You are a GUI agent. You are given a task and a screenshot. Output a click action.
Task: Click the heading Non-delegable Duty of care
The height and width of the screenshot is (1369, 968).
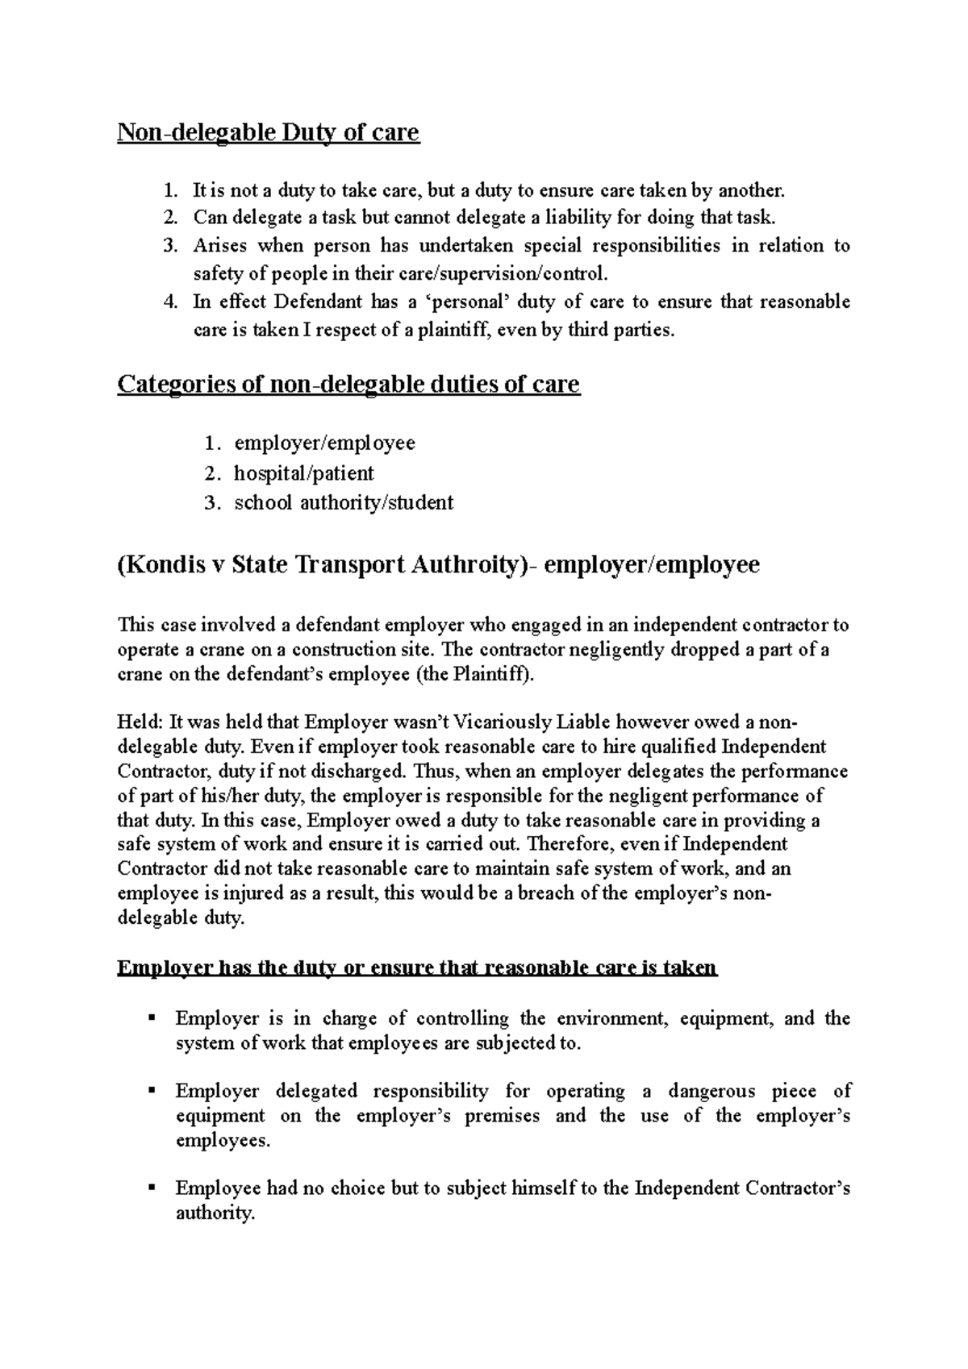pos(269,132)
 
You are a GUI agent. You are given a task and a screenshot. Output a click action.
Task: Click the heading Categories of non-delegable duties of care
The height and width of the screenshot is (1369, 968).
pos(348,385)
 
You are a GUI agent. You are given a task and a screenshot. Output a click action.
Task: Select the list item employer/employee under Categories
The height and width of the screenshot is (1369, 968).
pos(324,443)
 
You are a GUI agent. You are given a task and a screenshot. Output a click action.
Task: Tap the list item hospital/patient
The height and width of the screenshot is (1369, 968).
pos(303,472)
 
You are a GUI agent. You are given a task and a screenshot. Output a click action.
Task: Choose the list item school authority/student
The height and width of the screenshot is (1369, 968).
pos(344,502)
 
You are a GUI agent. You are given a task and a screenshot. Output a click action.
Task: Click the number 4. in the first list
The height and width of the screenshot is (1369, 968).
pos(169,302)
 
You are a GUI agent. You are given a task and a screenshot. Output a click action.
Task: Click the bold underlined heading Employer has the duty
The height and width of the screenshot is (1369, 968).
pos(416,967)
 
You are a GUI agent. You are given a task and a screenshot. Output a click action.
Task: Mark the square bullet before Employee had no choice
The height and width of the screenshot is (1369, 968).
pos(151,1188)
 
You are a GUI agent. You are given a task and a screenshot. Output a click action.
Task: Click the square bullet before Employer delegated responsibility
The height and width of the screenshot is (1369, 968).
pos(151,1091)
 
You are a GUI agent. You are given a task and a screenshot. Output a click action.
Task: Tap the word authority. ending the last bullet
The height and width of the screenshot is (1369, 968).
pos(215,1213)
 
